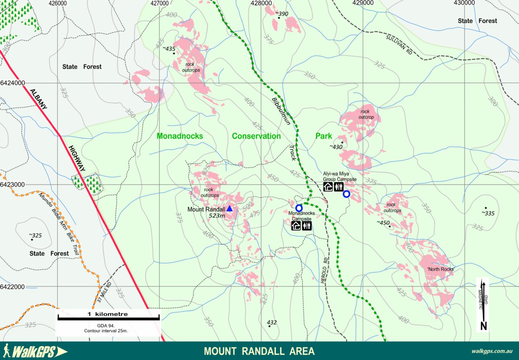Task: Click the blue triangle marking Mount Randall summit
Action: (x=230, y=208)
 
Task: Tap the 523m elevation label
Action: (x=217, y=215)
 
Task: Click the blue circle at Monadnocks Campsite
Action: (x=299, y=208)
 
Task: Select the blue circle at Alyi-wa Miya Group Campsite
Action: (x=346, y=194)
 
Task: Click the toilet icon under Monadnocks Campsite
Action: (x=307, y=226)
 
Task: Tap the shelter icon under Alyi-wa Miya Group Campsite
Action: (x=328, y=187)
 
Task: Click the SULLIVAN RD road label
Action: (x=399, y=44)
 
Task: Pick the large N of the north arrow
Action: (x=484, y=325)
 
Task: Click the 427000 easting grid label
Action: (x=160, y=3)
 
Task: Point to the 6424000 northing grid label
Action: (x=12, y=83)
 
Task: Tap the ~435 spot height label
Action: (x=169, y=48)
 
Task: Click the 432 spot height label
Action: (x=272, y=322)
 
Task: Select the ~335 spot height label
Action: (x=488, y=213)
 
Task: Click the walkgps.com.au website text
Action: (x=492, y=351)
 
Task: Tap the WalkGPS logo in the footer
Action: (x=35, y=351)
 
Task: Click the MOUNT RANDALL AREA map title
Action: (x=259, y=351)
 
